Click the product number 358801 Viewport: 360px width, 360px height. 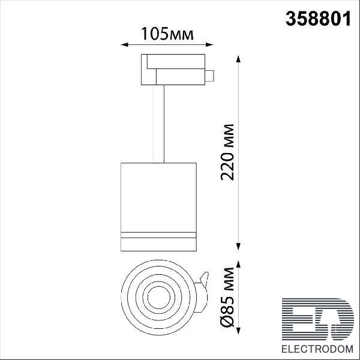[x=318, y=19]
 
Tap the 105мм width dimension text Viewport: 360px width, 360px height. [x=167, y=34]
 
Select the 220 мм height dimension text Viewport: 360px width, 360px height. [x=227, y=152]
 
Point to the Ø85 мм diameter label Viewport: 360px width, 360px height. [x=227, y=297]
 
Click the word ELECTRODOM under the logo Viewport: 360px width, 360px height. [x=317, y=349]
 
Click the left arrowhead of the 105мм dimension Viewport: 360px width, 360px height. [x=124, y=44]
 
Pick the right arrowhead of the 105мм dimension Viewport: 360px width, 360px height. [x=210, y=44]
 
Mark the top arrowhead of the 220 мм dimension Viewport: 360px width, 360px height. [x=238, y=59]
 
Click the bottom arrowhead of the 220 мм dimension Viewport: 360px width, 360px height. [x=238, y=247]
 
